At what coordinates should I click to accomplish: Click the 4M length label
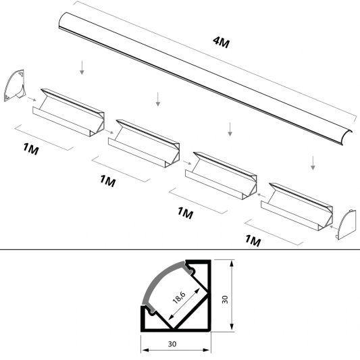pos(220,44)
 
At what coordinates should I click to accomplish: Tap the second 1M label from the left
pos(107,180)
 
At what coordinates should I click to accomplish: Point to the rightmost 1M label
pos(253,240)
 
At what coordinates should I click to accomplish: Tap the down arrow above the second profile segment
pos(158,99)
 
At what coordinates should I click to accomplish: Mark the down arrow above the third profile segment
pos(231,128)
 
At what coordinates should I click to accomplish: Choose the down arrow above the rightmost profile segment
pos(313,162)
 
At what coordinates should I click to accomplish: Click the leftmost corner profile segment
pos(68,113)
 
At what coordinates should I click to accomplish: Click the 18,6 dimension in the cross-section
pos(180,298)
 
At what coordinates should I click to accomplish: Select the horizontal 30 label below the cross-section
pos(175,344)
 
